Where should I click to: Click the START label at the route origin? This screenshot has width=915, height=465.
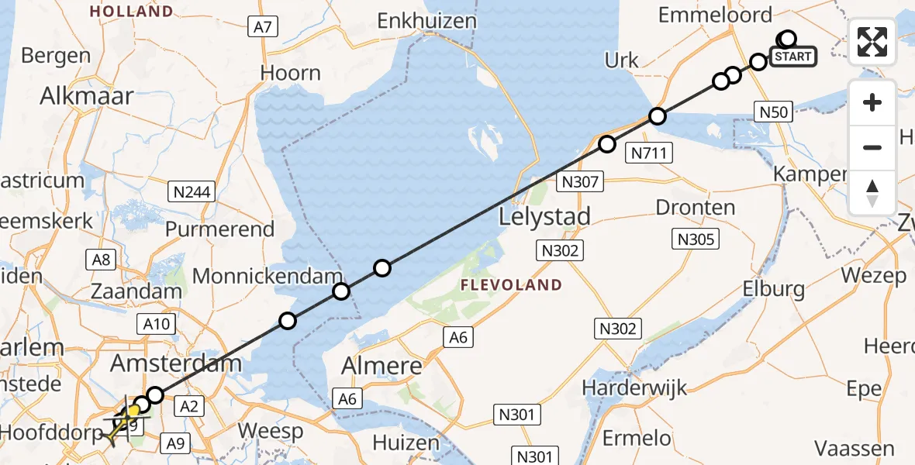792,57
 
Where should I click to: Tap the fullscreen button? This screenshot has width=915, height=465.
872,42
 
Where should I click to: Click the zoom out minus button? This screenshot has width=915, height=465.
872,147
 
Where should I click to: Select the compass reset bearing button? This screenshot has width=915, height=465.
872,193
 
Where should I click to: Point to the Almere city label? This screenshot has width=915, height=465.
385,366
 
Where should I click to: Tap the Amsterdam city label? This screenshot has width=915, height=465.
176,363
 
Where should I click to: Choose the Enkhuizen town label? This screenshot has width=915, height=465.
426,21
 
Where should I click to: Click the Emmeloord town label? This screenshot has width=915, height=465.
715,15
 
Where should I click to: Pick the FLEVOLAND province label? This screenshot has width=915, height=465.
511,285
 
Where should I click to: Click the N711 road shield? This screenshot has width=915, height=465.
649,153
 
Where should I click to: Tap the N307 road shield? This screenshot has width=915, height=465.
579,182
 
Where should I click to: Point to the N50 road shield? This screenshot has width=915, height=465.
773,112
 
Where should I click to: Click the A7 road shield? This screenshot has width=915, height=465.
263,27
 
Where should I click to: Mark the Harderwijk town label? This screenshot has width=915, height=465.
634,387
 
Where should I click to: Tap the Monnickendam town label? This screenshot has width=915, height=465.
268,276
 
